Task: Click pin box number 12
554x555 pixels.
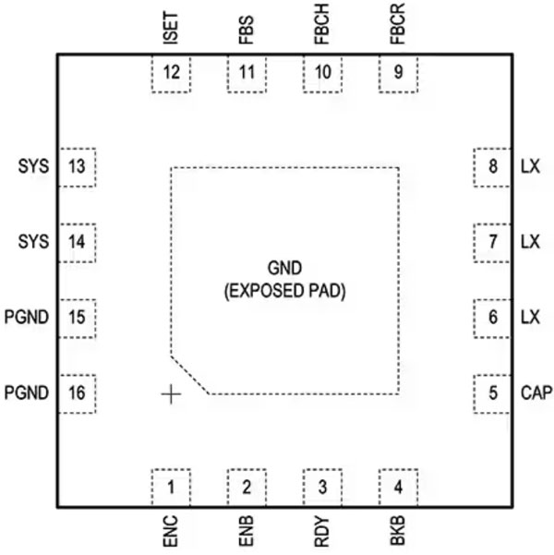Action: tap(171, 74)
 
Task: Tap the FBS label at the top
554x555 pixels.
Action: tap(247, 33)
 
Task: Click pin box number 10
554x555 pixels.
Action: tap(322, 74)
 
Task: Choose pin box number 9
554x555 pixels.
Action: tap(398, 74)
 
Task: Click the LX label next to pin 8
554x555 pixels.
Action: tap(529, 167)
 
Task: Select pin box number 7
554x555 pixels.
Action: tap(492, 242)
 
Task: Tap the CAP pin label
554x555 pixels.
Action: tap(535, 393)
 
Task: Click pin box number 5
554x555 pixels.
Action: tap(492, 393)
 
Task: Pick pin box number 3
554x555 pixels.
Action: tap(322, 487)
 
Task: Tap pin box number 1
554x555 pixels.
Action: tap(171, 487)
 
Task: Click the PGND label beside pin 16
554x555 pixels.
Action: tap(26, 393)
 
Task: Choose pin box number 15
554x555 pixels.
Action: tap(77, 318)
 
